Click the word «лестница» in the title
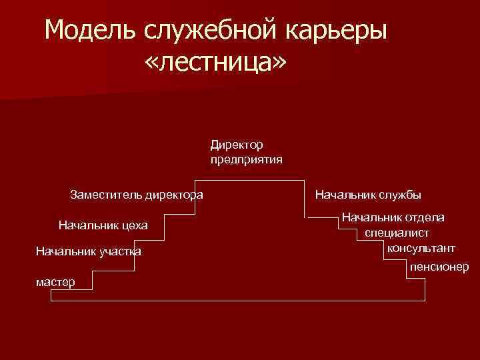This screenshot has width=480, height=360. [215, 63]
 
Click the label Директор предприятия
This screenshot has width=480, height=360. [246, 151]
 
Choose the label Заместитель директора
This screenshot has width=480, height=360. [137, 195]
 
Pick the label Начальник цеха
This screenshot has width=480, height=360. [103, 226]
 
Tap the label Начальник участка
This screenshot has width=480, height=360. [88, 251]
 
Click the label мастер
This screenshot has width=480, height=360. [55, 282]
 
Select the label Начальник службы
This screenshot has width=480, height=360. [368, 195]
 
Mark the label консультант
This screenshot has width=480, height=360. [421, 248]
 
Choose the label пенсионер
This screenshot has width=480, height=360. [439, 267]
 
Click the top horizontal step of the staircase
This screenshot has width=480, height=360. [250, 180]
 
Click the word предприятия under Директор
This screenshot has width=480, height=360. [246, 159]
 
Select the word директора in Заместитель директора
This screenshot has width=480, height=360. [171, 195]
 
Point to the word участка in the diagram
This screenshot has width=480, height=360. [120, 251]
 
